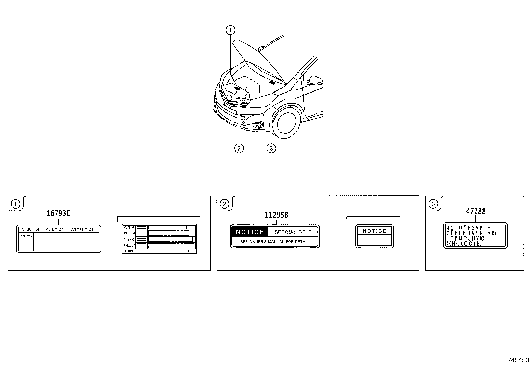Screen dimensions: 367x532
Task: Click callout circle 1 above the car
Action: pos(230,30)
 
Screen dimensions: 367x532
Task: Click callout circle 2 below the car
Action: pos(239,148)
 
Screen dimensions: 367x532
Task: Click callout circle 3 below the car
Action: pos(271,148)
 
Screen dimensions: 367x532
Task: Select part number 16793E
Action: pos(58,213)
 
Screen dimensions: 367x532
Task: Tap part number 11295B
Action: pos(276,215)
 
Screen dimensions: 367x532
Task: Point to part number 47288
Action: pos(476,211)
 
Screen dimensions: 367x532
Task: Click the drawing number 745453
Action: pos(518,360)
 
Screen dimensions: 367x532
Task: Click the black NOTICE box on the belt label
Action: pos(250,232)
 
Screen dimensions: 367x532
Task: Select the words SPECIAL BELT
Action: pos(293,232)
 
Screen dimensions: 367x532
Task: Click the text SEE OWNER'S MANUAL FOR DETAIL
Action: pos(275,242)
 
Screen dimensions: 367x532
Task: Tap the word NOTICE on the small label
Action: pos(374,231)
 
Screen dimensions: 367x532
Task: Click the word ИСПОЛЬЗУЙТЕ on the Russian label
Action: pos(468,228)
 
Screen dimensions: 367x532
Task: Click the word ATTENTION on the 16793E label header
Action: pos(83,230)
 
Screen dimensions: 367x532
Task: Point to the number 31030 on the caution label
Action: pos(129,251)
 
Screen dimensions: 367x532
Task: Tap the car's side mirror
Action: pos(316,80)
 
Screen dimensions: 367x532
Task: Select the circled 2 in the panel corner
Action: pos(224,204)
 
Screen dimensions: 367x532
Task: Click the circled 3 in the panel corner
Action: pos(433,204)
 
